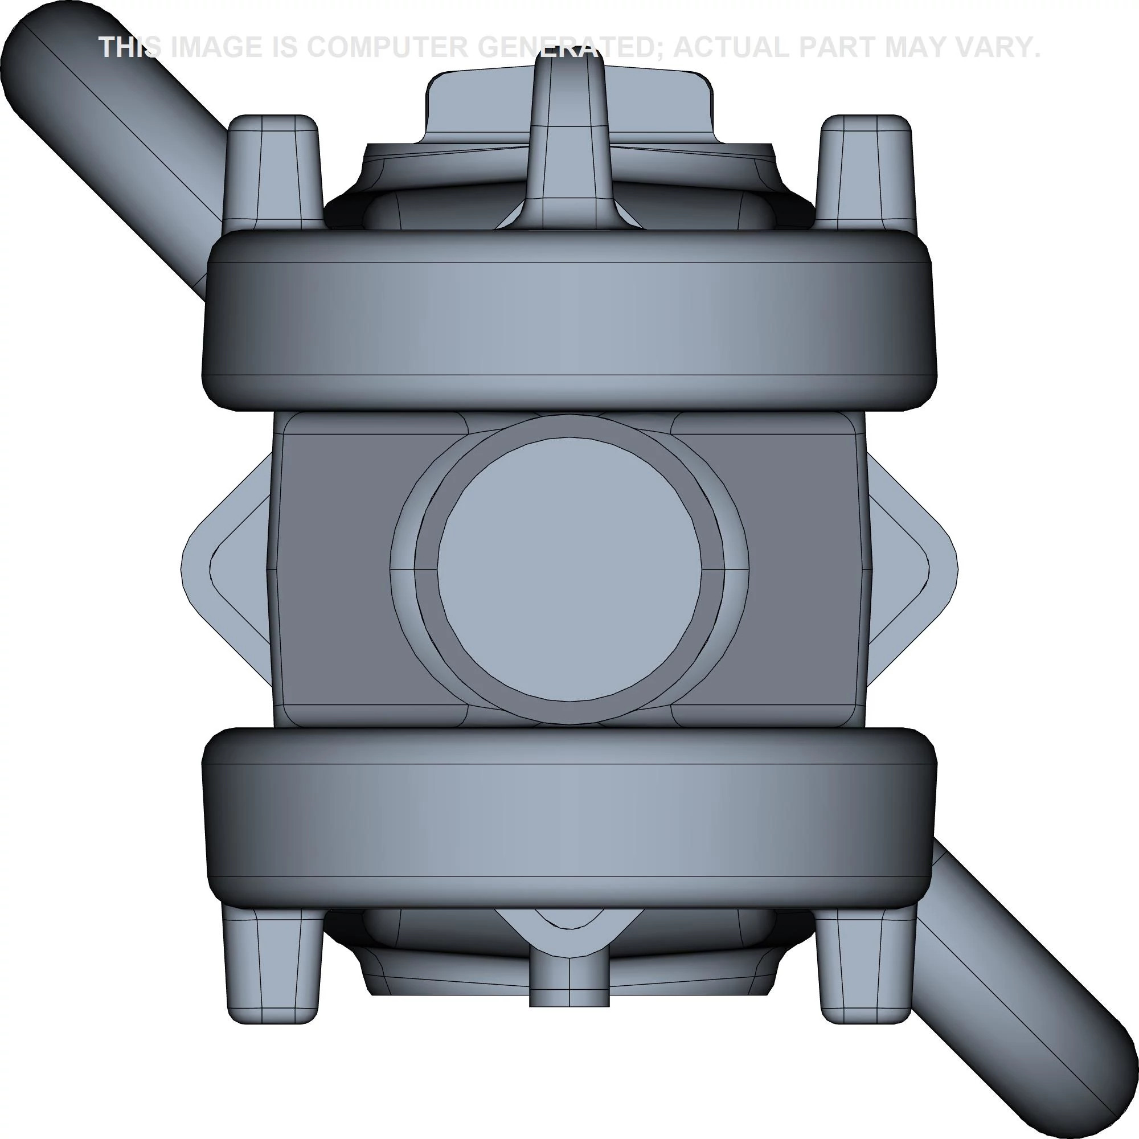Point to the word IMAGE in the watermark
pos(218,47)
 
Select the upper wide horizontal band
pos(569,318)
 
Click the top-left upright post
pos(273,171)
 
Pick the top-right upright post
pos(866,171)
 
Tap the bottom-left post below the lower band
pos(272,967)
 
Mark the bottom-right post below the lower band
pos(866,967)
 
